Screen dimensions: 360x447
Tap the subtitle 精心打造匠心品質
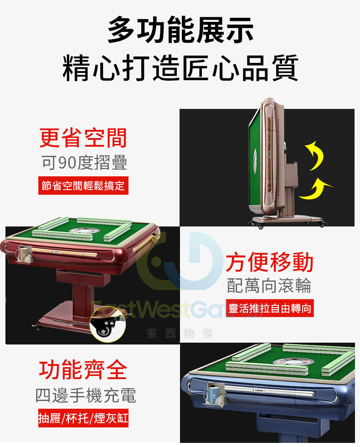click(180, 68)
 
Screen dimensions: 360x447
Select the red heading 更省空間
click(83, 138)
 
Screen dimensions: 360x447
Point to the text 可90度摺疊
click(84, 163)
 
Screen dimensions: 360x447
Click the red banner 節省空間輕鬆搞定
click(83, 185)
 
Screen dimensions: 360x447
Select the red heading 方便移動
click(269, 262)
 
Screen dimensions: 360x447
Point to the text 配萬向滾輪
click(269, 286)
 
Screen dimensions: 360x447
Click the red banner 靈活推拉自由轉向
click(270, 308)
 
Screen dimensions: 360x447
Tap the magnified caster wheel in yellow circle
click(108, 325)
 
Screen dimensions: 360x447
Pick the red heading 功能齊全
click(83, 370)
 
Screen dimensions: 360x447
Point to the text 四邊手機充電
click(86, 396)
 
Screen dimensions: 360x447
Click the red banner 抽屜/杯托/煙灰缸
click(83, 418)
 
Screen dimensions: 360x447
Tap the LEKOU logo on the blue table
click(259, 390)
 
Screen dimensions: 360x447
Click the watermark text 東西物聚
click(180, 334)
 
